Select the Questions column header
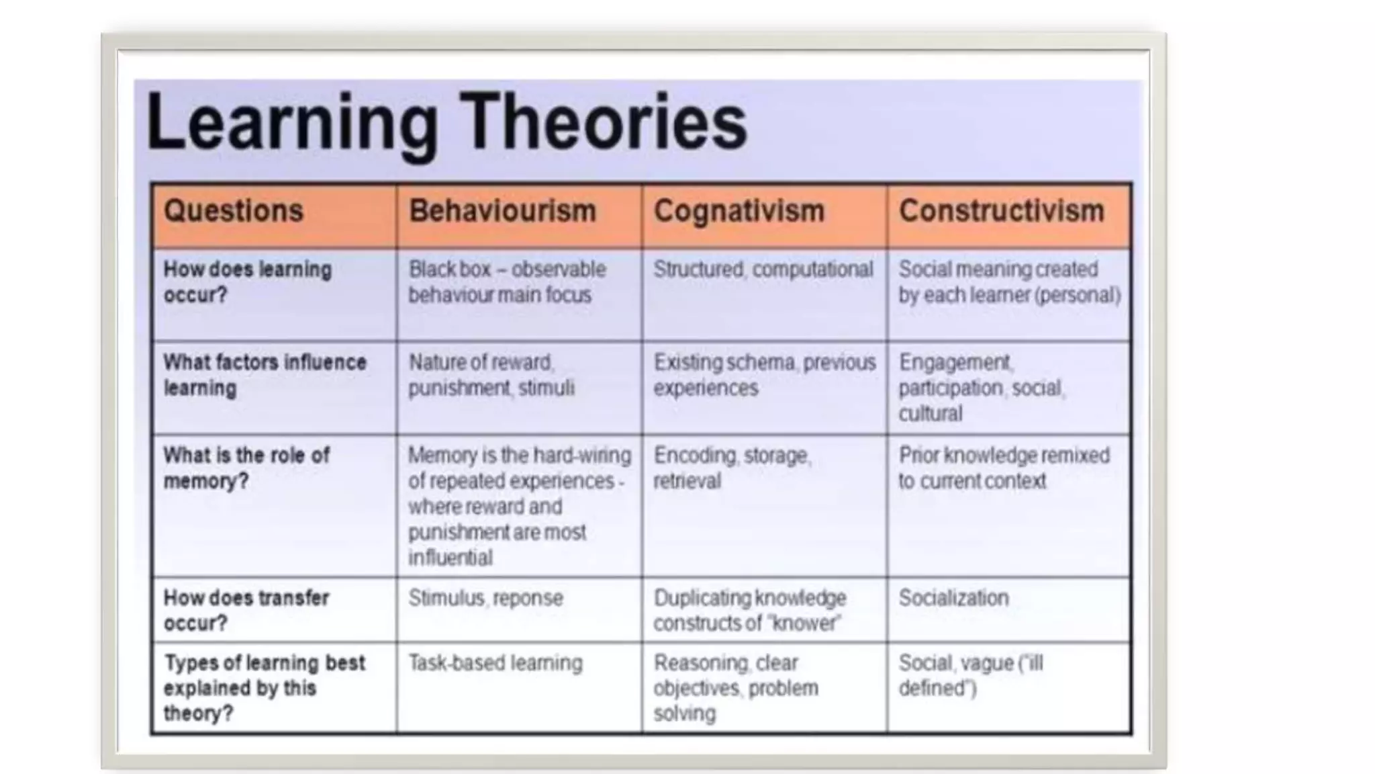pos(234,211)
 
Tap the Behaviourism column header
pos(503,211)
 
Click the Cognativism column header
pos(739,211)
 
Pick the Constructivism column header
pos(1001,211)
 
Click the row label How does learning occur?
pos(247,282)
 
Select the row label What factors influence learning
pos(265,375)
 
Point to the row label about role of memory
pos(246,468)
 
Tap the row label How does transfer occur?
pos(246,610)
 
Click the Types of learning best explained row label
pos(265,687)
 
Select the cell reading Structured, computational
pos(763,269)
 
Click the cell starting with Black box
pos(507,282)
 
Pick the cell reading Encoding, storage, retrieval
pos(732,468)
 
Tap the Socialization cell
pos(953,598)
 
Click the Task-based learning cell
pos(495,663)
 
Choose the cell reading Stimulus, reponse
pos(485,598)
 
